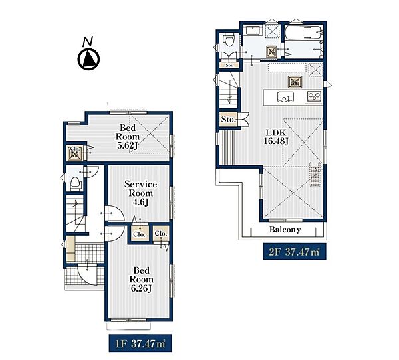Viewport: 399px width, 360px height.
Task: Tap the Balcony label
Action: pos(285,230)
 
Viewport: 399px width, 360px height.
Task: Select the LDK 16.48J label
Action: pos(276,137)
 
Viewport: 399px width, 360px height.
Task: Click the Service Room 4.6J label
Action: pos(140,193)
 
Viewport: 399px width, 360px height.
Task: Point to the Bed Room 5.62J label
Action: pos(128,137)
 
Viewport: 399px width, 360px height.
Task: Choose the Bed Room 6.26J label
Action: pos(141,280)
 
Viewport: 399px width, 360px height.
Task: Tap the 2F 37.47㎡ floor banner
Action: pos(295,252)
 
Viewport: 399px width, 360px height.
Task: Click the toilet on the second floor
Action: pos(227,41)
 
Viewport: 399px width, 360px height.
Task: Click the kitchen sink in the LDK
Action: pos(285,97)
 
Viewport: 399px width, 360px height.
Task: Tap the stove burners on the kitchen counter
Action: pos(315,96)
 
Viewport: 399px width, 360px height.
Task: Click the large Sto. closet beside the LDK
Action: pos(228,119)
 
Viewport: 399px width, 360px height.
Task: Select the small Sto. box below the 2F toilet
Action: pos(229,65)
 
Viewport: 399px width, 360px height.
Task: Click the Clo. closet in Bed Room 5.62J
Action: pos(75,153)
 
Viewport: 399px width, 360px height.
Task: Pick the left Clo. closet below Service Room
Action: pos(140,233)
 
